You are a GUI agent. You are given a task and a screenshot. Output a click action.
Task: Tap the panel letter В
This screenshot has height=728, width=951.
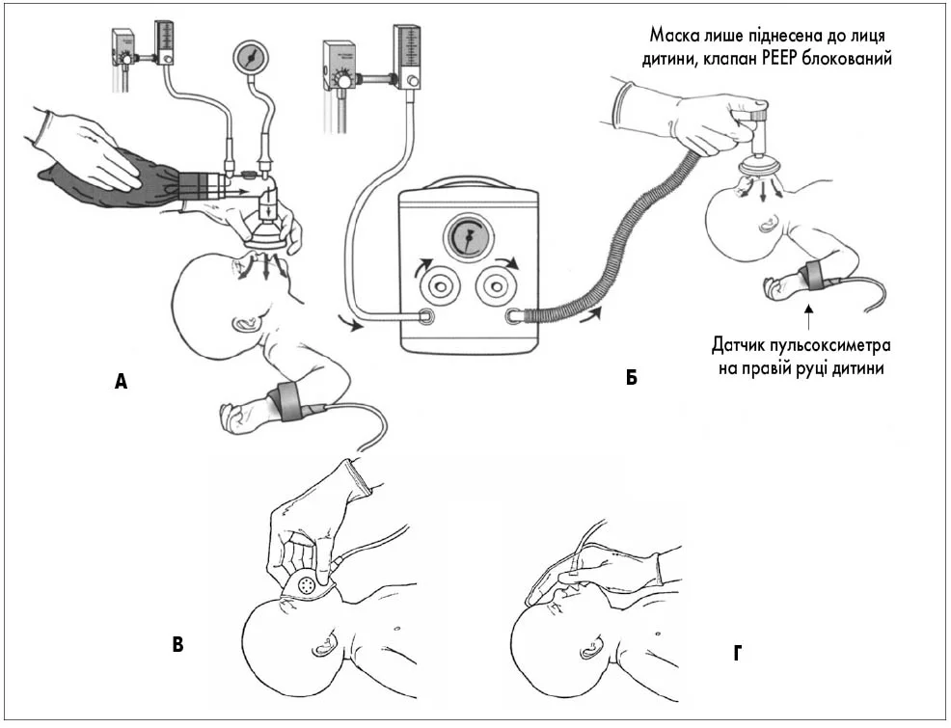[177, 644]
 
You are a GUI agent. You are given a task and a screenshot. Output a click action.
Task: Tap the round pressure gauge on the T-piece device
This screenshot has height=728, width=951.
[467, 238]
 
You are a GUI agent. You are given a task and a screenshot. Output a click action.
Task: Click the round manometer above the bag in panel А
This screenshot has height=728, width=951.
[251, 60]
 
